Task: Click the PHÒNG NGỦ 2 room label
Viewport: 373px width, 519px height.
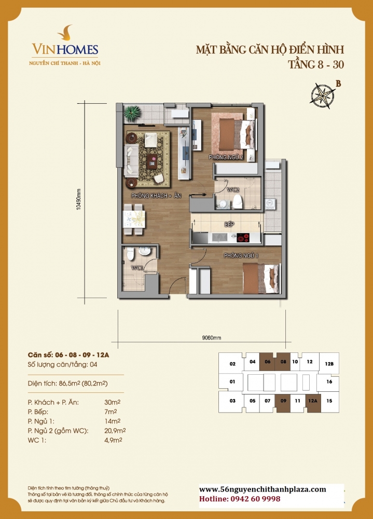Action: [226, 157]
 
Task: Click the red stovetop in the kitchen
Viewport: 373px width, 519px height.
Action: [243, 239]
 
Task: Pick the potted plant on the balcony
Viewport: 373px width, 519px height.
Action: [129, 112]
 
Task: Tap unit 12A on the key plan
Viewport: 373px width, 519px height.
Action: [312, 401]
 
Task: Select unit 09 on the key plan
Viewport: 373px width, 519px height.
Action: [283, 401]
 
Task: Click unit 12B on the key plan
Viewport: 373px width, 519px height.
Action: [329, 363]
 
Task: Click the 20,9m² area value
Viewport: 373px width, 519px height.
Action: [116, 430]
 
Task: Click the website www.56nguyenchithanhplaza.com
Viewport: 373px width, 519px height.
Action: [263, 489]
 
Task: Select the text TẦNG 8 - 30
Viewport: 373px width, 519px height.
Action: [315, 65]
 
